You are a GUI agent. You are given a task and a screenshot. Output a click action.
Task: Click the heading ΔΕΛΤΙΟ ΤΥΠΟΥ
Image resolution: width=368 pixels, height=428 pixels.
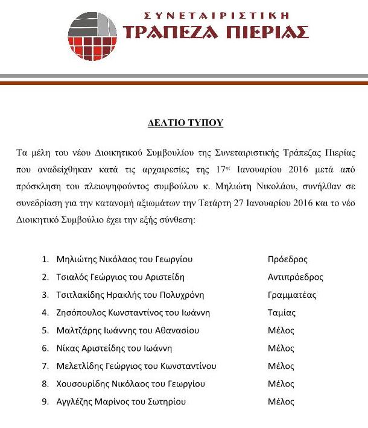coord(185,123)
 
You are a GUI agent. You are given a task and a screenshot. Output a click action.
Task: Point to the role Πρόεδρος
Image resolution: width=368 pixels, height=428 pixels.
coord(287,260)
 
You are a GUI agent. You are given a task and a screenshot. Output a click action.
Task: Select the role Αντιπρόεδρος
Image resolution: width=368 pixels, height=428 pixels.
coord(295,277)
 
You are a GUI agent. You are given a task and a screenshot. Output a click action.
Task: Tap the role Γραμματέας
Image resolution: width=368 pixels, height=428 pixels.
coord(291,295)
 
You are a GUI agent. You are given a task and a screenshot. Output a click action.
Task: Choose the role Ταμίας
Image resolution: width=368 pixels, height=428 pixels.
coord(281,313)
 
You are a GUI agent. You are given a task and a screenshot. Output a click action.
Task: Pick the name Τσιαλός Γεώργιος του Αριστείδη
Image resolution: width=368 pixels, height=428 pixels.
coord(120,277)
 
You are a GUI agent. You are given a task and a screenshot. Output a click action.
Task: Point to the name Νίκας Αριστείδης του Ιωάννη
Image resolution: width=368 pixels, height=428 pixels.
coord(114,348)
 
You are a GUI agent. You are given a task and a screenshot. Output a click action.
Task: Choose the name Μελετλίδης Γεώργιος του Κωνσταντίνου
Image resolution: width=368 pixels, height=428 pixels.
coord(136,366)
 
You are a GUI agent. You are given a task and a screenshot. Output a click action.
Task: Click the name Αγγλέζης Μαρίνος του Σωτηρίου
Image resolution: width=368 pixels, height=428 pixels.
coord(121,401)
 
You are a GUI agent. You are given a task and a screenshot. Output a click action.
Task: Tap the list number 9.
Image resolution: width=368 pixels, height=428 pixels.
coord(45,401)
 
